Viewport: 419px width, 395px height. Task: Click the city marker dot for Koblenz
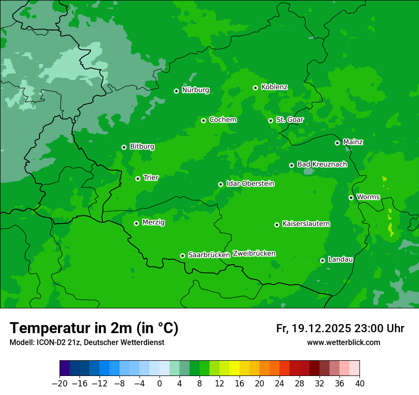click(x=256, y=88)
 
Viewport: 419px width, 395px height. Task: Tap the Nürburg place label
click(x=195, y=90)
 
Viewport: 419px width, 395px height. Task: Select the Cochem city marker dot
click(x=203, y=120)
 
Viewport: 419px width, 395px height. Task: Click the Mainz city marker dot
click(x=337, y=143)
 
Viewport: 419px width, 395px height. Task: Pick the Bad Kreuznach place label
click(x=322, y=164)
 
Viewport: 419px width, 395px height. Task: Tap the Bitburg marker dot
click(x=124, y=147)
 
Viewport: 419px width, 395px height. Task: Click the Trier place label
click(x=151, y=178)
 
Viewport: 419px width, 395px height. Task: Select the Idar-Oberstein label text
click(x=250, y=184)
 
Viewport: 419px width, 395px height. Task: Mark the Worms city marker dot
click(x=351, y=197)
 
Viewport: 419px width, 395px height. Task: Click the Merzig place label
click(x=153, y=222)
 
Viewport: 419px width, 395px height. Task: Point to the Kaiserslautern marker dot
click(x=277, y=225)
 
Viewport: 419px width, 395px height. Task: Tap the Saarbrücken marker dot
click(x=182, y=256)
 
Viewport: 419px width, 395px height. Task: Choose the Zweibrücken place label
click(x=254, y=254)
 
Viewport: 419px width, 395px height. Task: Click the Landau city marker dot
click(x=322, y=260)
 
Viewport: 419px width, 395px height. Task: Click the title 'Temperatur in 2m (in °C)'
click(x=94, y=328)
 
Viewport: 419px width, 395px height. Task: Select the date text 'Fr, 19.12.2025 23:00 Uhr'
click(x=340, y=328)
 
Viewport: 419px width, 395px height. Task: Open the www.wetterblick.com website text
click(x=343, y=343)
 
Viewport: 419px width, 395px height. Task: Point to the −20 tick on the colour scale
click(x=60, y=384)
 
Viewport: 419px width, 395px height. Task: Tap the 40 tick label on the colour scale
click(x=359, y=384)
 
